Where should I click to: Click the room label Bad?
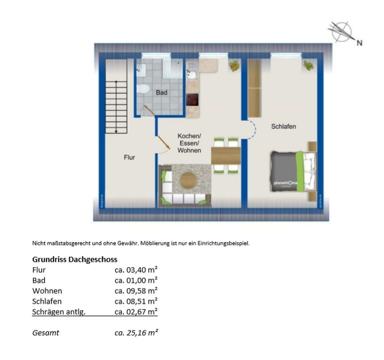162,93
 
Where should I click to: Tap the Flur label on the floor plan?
129,157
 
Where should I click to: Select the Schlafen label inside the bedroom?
283,127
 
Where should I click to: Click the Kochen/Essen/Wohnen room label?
189,143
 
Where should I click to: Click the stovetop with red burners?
192,100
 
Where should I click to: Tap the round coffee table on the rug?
189,180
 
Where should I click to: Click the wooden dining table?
226,155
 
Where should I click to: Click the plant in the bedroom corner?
308,66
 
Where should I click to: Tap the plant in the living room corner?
234,66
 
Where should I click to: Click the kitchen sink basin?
192,74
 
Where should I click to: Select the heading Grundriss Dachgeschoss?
75,259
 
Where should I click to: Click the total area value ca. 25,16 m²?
136,332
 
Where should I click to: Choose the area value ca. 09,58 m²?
136,291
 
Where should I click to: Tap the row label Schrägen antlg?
59,312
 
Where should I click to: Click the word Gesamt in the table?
46,332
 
